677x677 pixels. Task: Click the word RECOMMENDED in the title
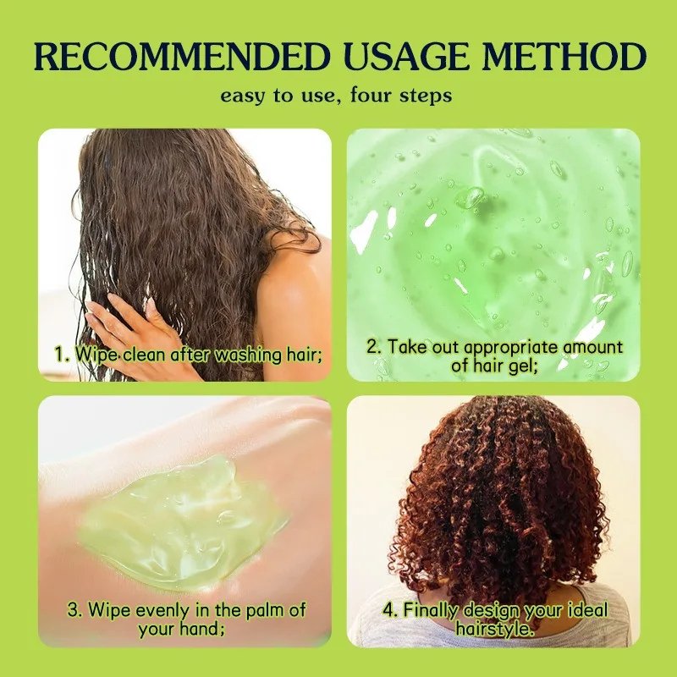[182, 57]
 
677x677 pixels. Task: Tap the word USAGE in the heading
[407, 57]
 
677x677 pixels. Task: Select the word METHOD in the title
[564, 57]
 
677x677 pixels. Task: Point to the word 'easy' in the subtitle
[241, 96]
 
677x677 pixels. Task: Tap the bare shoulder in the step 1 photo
[294, 294]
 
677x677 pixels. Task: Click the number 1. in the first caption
[62, 354]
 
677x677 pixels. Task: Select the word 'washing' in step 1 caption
[248, 355]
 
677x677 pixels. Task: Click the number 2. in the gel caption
[374, 347]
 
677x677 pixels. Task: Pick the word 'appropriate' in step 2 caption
[512, 348]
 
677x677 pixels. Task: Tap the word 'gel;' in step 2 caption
[522, 366]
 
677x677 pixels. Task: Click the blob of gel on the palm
[181, 522]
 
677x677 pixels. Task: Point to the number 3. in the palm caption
[75, 610]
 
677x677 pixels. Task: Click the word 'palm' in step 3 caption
[264, 611]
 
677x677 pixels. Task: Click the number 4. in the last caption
[390, 610]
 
